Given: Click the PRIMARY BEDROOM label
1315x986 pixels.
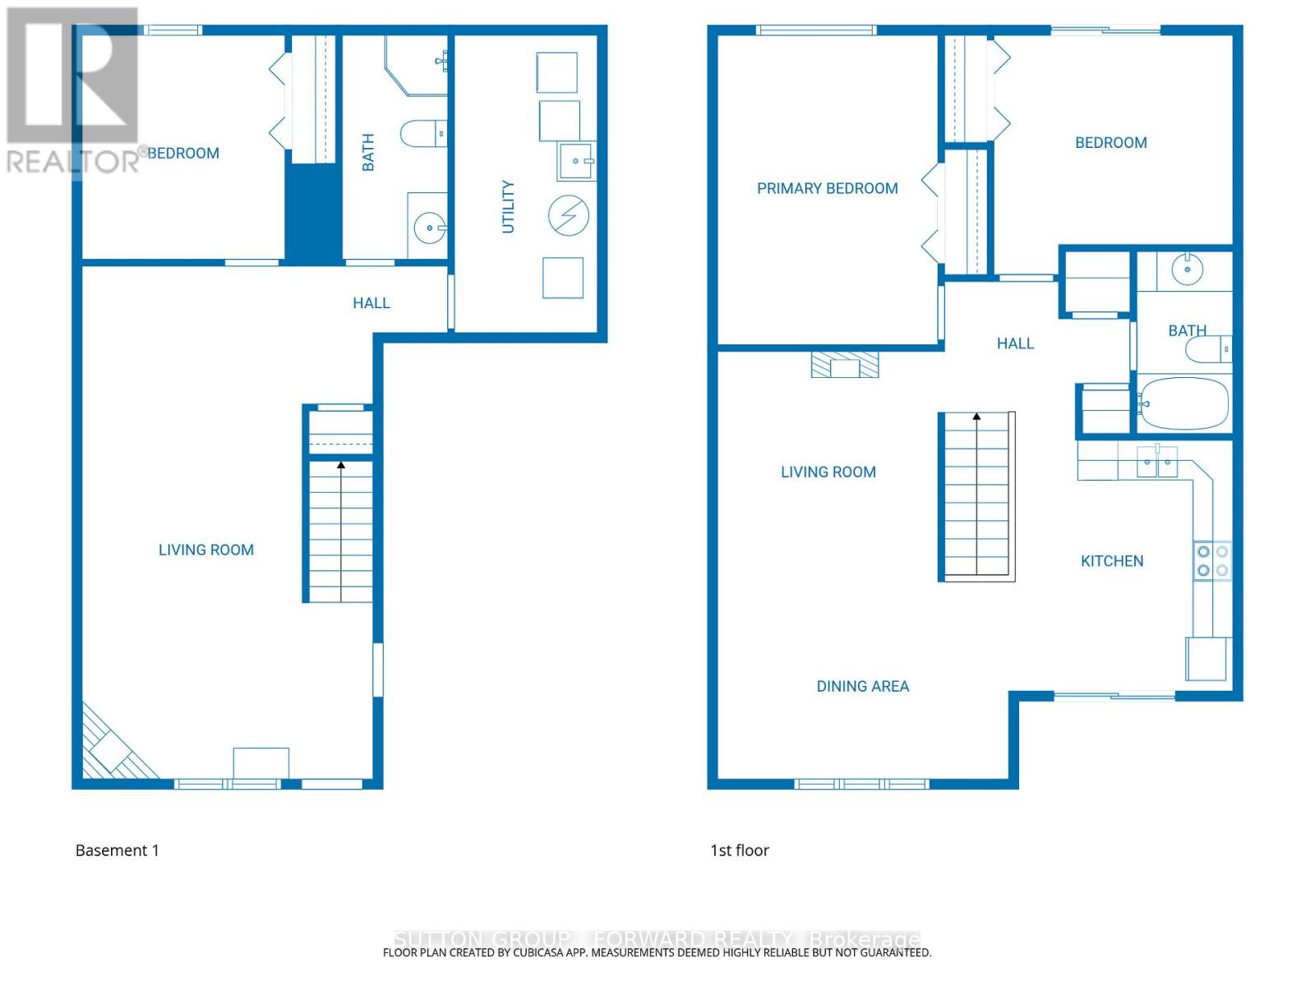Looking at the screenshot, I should tap(827, 188).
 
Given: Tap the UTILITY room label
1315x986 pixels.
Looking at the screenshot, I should tap(508, 207).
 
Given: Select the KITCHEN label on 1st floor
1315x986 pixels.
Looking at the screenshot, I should tap(1111, 561).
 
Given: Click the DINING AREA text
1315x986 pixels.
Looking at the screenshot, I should tap(862, 686).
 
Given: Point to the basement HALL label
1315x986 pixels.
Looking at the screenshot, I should tap(371, 303).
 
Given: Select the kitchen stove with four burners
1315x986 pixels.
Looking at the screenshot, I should tap(1212, 561).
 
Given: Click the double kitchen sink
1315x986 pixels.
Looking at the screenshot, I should tap(1157, 463).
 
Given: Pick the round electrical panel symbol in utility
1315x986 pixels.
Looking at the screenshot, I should tap(569, 215).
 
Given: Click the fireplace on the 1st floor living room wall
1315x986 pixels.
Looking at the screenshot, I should tap(845, 365).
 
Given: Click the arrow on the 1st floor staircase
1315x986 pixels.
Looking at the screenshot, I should tap(976, 417).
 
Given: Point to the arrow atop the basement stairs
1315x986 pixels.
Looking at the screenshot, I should tap(341, 466).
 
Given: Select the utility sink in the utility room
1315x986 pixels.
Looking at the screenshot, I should tap(576, 161).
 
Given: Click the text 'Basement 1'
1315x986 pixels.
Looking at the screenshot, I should tap(117, 850).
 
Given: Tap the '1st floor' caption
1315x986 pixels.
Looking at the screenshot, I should tap(739, 850).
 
